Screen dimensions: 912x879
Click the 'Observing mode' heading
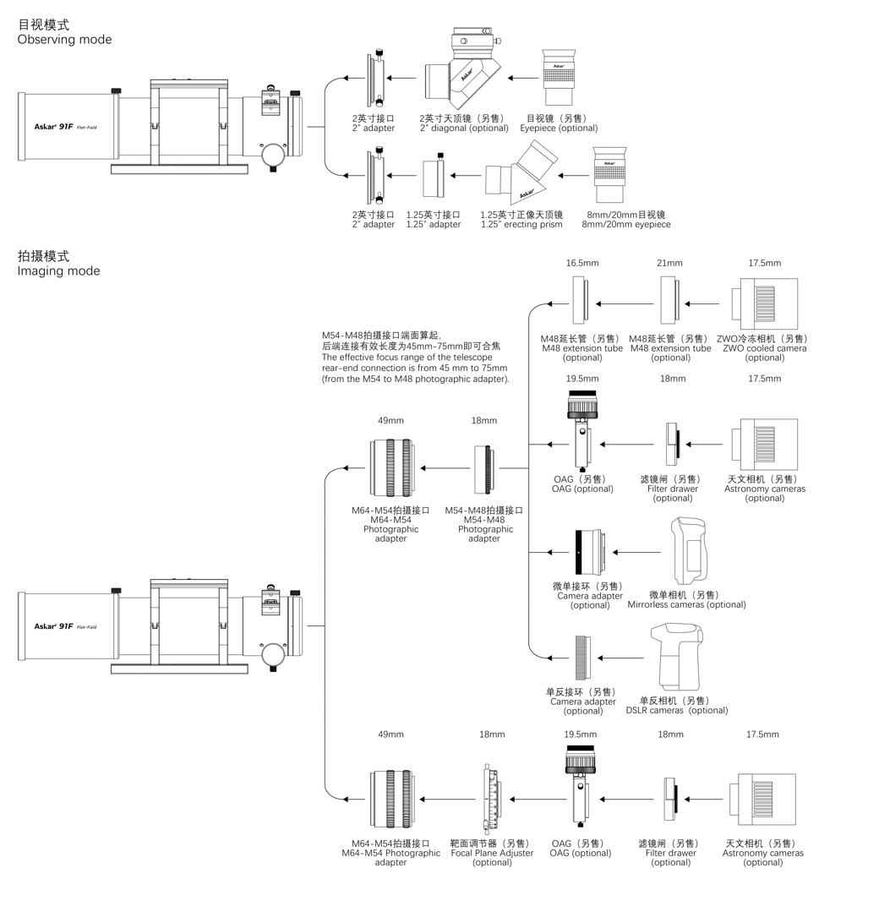coord(64,40)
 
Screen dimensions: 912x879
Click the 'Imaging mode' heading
coord(58,271)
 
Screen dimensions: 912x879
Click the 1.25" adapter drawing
coord(434,177)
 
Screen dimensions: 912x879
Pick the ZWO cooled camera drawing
coord(763,303)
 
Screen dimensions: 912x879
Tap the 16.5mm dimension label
coord(582,264)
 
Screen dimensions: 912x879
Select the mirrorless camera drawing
coord(687,553)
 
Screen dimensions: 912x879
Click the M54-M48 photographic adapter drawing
coord(484,467)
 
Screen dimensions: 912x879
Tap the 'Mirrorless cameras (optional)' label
coord(686,604)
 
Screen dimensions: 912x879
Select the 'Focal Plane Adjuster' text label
coord(491,853)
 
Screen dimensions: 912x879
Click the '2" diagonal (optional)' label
coord(464,128)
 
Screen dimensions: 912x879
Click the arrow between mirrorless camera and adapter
coord(636,553)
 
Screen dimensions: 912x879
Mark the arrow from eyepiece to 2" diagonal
coord(521,79)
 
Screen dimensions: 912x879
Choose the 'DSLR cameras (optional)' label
coord(682,710)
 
